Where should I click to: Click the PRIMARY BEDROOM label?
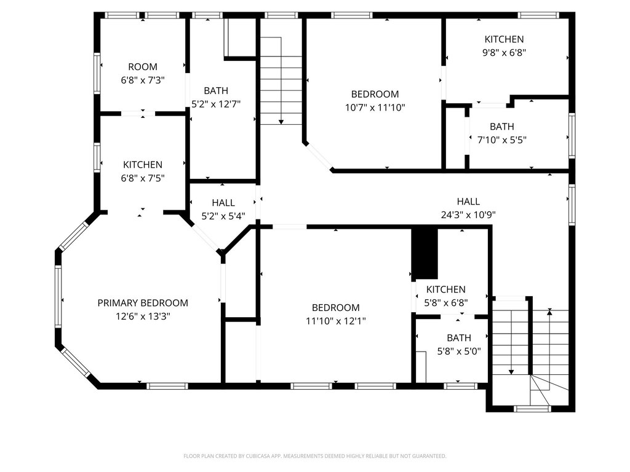click(143, 303)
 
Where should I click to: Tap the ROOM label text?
click(143, 66)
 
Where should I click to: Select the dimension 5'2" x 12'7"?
click(216, 104)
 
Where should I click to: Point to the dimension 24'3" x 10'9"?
click(468, 214)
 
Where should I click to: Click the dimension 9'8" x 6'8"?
click(504, 53)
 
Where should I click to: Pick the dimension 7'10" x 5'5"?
click(502, 140)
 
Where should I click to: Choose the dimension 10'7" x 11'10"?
click(375, 108)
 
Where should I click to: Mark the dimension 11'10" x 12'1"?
click(335, 321)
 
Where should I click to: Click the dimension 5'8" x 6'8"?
click(446, 302)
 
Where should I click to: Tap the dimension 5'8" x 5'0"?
click(459, 351)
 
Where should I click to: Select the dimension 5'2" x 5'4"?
click(223, 216)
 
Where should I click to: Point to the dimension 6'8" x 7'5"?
click(143, 178)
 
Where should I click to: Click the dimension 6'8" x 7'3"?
click(143, 81)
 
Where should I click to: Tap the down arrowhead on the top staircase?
click(281, 122)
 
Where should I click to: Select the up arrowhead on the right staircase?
click(549, 311)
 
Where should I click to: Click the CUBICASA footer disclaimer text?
click(314, 456)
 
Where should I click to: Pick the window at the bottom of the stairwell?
click(532, 409)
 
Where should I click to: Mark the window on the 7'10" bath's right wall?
click(572, 135)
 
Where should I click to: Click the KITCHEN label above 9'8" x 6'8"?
click(504, 39)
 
